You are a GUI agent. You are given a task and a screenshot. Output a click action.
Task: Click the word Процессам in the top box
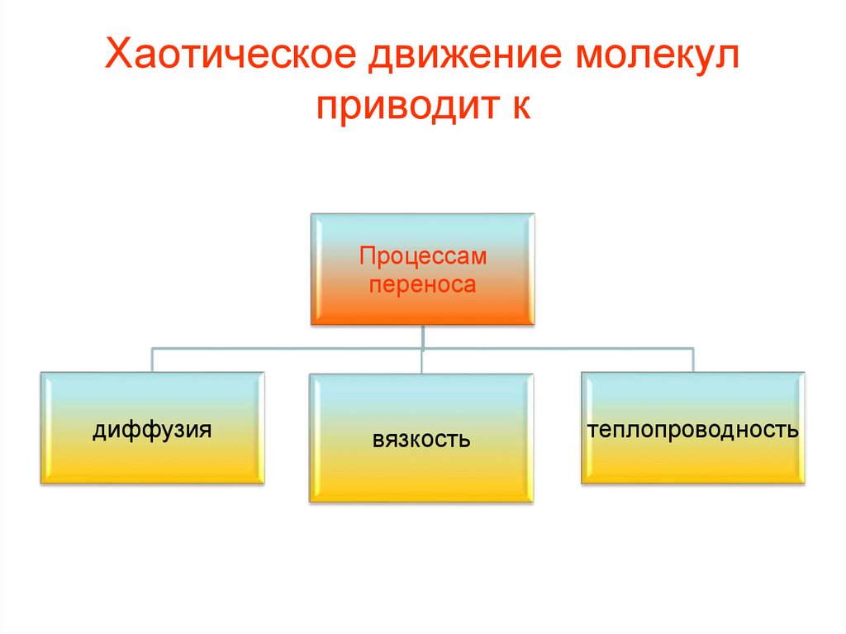[x=422, y=257]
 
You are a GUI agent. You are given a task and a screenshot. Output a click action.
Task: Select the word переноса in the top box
[x=422, y=285]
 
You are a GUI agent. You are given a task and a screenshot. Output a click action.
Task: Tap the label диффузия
[x=152, y=430]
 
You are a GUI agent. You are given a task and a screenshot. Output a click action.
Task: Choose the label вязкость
[x=421, y=438]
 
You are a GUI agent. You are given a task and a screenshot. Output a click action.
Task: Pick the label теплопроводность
[x=692, y=430]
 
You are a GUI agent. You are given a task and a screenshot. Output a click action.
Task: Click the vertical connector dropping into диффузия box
[x=152, y=360]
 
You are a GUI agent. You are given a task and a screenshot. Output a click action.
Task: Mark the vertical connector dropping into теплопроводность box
[x=692, y=360]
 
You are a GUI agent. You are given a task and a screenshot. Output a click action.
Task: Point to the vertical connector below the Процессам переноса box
[x=422, y=337]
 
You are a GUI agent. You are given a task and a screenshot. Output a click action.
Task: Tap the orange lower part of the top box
[x=422, y=311]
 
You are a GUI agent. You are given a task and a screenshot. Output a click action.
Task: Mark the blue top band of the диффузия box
[x=152, y=385]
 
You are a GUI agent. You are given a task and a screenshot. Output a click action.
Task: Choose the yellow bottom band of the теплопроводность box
[x=692, y=471]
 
